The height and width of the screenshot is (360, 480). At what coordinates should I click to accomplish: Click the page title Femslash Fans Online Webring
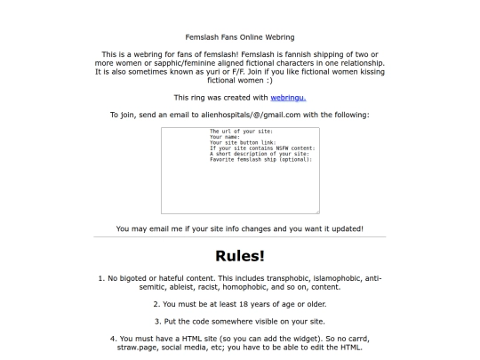[239, 37]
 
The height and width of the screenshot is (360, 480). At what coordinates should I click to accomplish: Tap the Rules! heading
[239, 256]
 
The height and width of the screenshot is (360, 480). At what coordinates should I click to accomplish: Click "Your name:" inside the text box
[226, 137]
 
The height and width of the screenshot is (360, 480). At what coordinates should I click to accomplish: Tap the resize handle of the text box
[316, 212]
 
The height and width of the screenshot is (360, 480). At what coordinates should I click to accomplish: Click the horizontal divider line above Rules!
[239, 238]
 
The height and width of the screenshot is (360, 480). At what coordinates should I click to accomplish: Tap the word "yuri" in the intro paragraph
[198, 72]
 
